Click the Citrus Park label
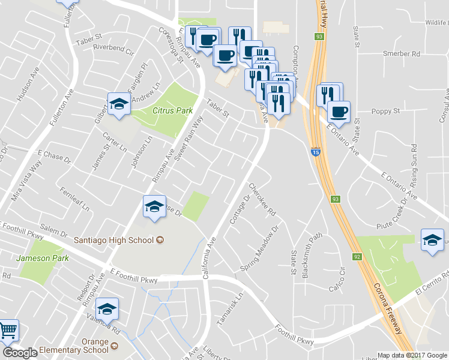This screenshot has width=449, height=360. click(172, 110)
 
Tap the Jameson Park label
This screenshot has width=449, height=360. click(43, 259)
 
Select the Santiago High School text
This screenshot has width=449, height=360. click(114, 241)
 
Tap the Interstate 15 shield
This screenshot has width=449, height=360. click(315, 152)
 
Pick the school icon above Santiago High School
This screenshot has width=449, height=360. click(154, 208)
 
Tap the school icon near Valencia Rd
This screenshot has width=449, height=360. click(107, 309)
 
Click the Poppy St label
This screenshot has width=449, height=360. click(385, 111)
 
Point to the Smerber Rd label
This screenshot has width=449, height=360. click(401, 53)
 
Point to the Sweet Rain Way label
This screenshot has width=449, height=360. click(188, 138)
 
